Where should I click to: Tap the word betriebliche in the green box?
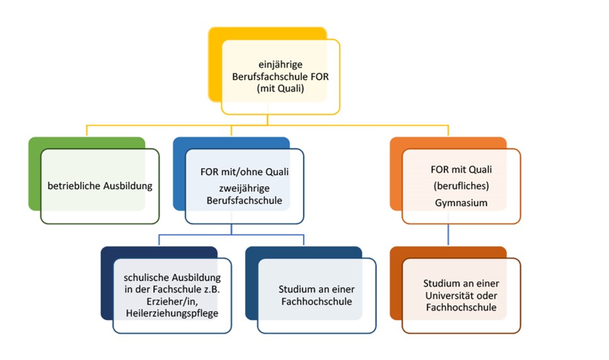(x=72, y=186)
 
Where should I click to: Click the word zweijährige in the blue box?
(x=231, y=187)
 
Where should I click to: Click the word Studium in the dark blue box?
(x=298, y=290)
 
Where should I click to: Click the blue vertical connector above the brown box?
(x=448, y=235)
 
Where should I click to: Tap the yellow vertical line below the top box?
(x=269, y=120)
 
